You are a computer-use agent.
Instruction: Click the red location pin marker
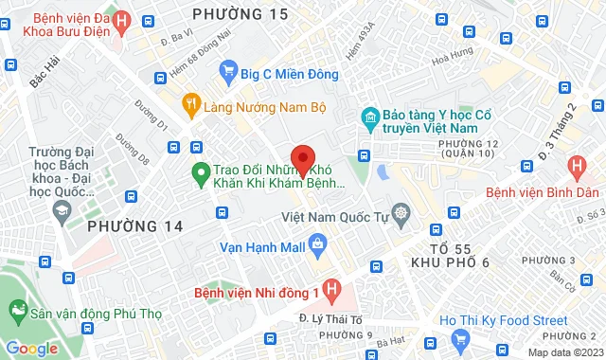302,158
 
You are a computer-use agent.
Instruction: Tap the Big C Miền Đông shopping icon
227,69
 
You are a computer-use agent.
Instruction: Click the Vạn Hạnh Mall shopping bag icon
316,245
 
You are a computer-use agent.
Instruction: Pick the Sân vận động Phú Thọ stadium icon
17,309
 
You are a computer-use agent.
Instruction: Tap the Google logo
31,348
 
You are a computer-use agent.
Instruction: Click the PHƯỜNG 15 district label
239,14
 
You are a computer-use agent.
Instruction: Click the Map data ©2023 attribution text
565,352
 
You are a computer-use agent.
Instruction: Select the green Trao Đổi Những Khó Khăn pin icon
200,172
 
